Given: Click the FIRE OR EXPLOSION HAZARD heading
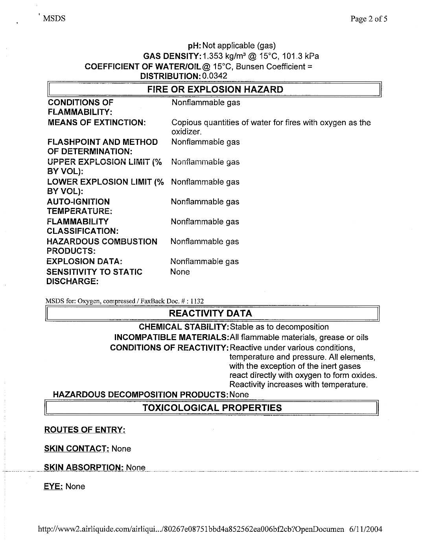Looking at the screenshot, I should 215,89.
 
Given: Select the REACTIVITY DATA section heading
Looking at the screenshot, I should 210,313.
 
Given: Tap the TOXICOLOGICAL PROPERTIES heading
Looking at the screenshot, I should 212,408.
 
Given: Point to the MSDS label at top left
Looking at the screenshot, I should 54,19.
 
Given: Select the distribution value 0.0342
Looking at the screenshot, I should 215,76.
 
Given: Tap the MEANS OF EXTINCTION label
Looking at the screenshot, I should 96,122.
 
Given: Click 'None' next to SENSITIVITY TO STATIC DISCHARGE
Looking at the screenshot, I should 180,272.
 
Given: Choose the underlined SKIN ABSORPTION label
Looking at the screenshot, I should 84,467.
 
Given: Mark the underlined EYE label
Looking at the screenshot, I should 53,487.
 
